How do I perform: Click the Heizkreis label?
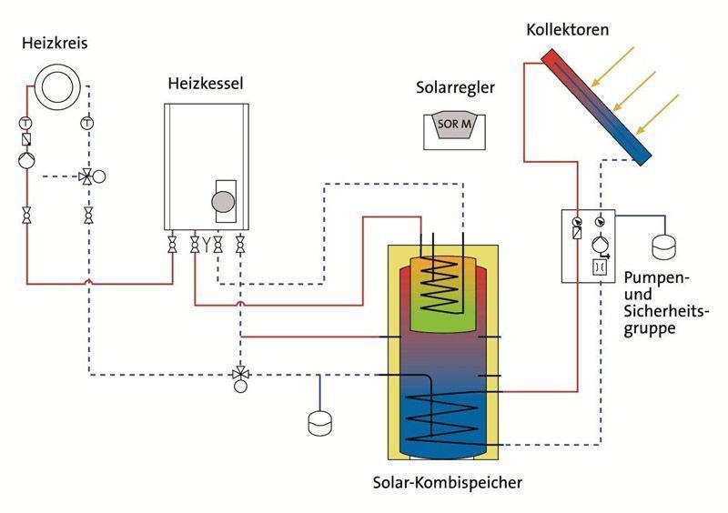[x=55, y=43]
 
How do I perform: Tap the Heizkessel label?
[x=206, y=84]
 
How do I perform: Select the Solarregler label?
[x=455, y=87]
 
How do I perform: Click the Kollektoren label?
[x=567, y=30]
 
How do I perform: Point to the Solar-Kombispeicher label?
[x=448, y=482]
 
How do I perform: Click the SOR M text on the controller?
[x=454, y=124]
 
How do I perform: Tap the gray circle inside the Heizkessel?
[x=223, y=202]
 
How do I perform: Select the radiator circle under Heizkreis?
[x=57, y=86]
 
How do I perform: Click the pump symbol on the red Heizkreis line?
[x=26, y=161]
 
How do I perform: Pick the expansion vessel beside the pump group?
[x=664, y=247]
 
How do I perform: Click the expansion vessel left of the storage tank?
[x=320, y=423]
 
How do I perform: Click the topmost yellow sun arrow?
[x=612, y=66]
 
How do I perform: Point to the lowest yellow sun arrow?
[x=657, y=115]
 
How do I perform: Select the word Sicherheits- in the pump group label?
[x=667, y=311]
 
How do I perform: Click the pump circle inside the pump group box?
[x=600, y=244]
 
